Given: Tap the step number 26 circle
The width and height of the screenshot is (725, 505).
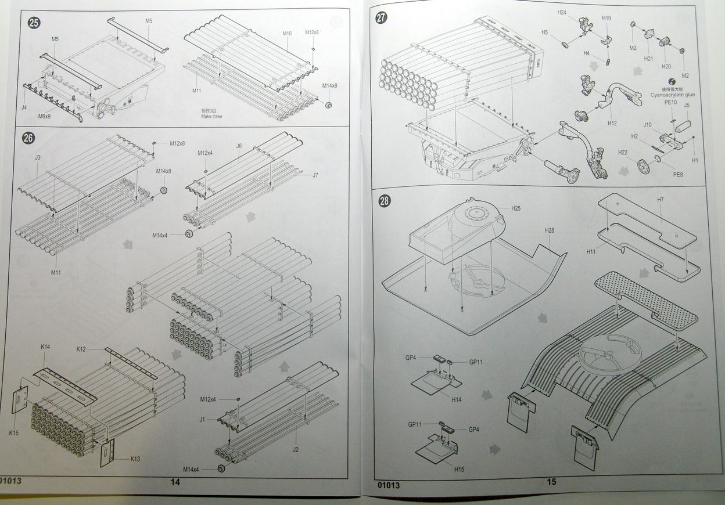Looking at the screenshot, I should click(28, 138).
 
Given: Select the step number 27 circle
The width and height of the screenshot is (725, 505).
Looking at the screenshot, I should click(381, 17).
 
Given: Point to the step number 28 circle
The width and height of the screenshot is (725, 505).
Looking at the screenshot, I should click(384, 201).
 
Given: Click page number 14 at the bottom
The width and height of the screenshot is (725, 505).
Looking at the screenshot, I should click(175, 482).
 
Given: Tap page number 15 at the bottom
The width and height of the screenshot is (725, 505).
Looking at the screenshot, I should click(551, 481).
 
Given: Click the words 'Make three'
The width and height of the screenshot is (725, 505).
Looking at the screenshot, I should click(211, 117).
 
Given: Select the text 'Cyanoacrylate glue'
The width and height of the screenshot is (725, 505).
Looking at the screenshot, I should click(673, 95).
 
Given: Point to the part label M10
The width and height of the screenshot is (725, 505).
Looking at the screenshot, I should click(287, 34).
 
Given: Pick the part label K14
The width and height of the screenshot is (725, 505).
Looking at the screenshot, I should click(45, 347).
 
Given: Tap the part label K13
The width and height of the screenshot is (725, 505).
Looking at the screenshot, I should click(135, 459).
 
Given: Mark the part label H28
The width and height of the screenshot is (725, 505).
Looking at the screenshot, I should click(550, 231).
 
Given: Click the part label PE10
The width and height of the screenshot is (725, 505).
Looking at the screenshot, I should click(670, 102).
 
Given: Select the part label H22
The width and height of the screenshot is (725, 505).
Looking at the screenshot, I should click(622, 152).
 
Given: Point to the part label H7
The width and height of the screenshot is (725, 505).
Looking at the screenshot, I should click(661, 200).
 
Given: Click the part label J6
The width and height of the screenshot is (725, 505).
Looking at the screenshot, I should click(239, 146).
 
